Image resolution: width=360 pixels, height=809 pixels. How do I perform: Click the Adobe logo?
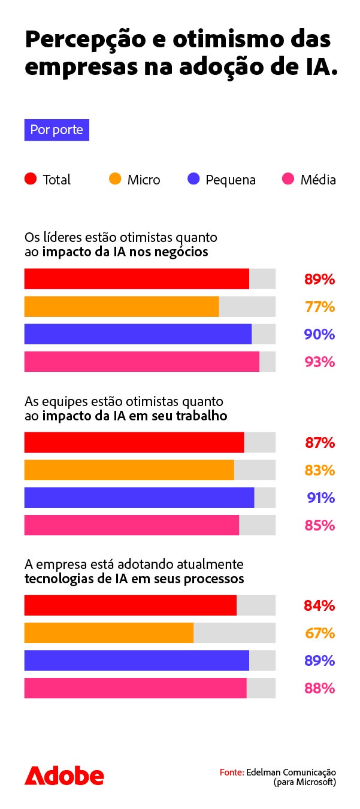click(x=64, y=776)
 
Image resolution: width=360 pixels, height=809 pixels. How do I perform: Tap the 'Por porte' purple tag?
click(x=57, y=130)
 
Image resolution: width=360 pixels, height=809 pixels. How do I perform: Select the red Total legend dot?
click(x=31, y=179)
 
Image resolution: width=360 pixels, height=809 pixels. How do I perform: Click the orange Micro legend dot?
click(x=115, y=179)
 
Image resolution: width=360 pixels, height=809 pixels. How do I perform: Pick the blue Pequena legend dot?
click(x=193, y=179)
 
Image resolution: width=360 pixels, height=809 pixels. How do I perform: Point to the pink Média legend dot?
click(x=288, y=179)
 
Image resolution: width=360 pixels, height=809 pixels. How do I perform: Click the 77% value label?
click(x=319, y=307)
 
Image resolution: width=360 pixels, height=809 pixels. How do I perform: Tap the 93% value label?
click(x=319, y=362)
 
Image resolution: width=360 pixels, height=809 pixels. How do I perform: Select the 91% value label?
click(x=319, y=498)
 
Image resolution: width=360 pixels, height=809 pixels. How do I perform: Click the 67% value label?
click(x=319, y=634)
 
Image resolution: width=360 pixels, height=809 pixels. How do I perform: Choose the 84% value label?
click(x=319, y=606)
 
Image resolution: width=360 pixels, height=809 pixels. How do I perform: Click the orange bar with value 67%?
click(x=109, y=633)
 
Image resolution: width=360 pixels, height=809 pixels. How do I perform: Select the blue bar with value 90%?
click(x=138, y=334)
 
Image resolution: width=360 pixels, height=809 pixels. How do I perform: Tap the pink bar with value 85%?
click(x=132, y=525)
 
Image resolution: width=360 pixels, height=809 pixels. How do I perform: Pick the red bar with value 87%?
click(x=134, y=443)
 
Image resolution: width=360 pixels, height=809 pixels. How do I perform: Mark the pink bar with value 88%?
click(x=135, y=688)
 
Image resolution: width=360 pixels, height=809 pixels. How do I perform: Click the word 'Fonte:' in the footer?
click(x=232, y=772)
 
